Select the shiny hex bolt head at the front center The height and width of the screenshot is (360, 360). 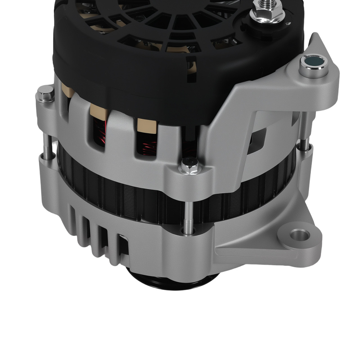(189, 165)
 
